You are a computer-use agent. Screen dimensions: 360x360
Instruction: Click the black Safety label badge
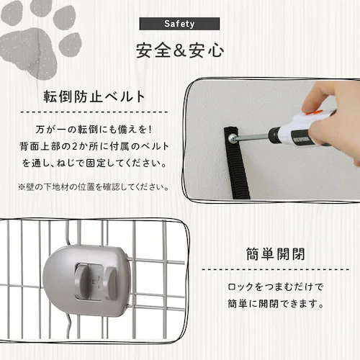coord(179,23)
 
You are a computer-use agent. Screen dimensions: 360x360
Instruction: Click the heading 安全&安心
coord(179,52)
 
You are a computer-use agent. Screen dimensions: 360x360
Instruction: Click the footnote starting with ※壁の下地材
coord(94,186)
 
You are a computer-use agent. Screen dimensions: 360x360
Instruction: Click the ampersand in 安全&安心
coord(179,52)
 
